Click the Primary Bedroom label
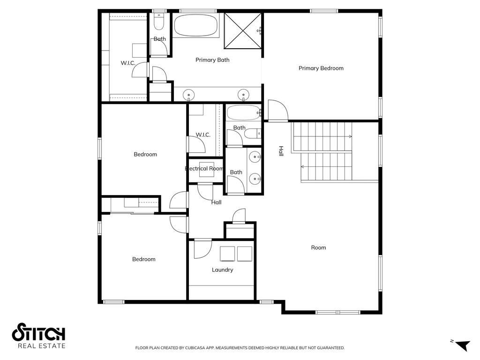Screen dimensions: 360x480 (x=321, y=68)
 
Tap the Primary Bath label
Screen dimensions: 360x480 (x=212, y=60)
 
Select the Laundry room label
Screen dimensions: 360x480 (x=222, y=270)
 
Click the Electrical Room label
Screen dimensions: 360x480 (x=204, y=169)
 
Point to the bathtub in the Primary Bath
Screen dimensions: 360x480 (x=196, y=25)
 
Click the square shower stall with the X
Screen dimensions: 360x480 (x=243, y=30)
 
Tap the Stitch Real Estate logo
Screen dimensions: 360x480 (x=38, y=336)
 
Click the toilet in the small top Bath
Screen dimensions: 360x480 (x=159, y=22)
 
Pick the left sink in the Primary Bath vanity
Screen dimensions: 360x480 (x=188, y=95)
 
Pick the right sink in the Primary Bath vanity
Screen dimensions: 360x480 (x=243, y=95)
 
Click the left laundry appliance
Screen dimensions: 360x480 (x=228, y=254)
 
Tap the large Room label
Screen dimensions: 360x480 (x=318, y=247)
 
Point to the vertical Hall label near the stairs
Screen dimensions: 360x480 (x=281, y=151)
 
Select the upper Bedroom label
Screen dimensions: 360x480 (x=145, y=155)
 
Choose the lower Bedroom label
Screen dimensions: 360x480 (x=143, y=259)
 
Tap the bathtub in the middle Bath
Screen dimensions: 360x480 (x=243, y=113)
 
